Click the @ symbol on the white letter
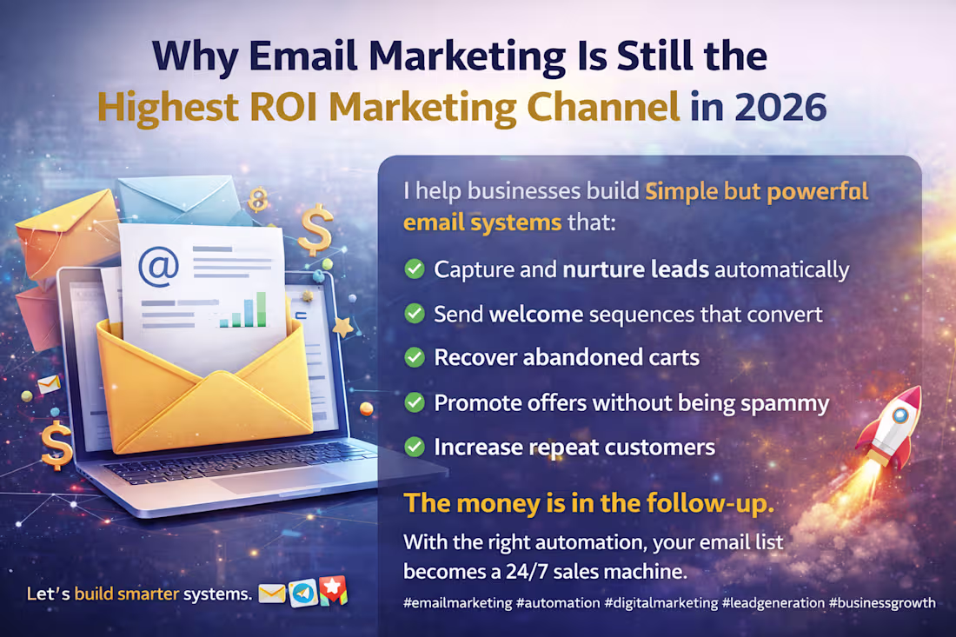coord(159,267)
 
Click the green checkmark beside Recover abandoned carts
coord(415,357)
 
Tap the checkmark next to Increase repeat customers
coord(415,447)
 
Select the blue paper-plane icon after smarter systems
coord(302,594)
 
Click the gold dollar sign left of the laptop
coord(55,443)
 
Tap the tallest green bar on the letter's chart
coord(260,308)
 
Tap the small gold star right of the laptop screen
coord(342,327)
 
